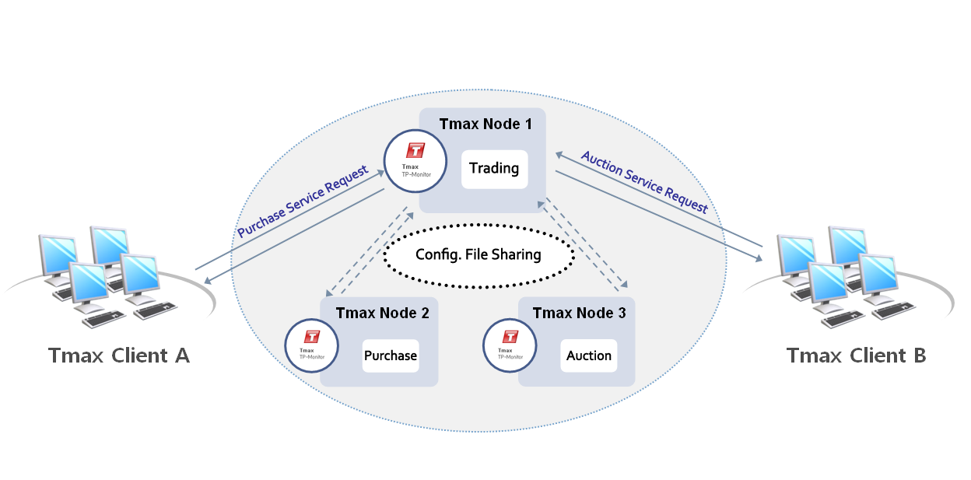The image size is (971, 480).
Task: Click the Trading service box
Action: (494, 169)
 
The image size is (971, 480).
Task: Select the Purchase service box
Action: (390, 356)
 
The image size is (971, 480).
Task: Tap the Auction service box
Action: (588, 356)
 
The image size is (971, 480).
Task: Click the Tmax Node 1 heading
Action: (485, 124)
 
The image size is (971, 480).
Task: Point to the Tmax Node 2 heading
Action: (382, 314)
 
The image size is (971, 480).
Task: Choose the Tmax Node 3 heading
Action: (579, 314)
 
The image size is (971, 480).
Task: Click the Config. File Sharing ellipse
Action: (478, 254)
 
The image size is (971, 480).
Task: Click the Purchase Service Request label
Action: (302, 201)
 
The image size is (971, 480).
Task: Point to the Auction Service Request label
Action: (645, 182)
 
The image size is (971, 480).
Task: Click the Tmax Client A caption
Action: (119, 356)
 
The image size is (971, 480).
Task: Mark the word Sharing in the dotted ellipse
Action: (514, 254)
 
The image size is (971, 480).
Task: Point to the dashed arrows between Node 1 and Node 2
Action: (370, 251)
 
